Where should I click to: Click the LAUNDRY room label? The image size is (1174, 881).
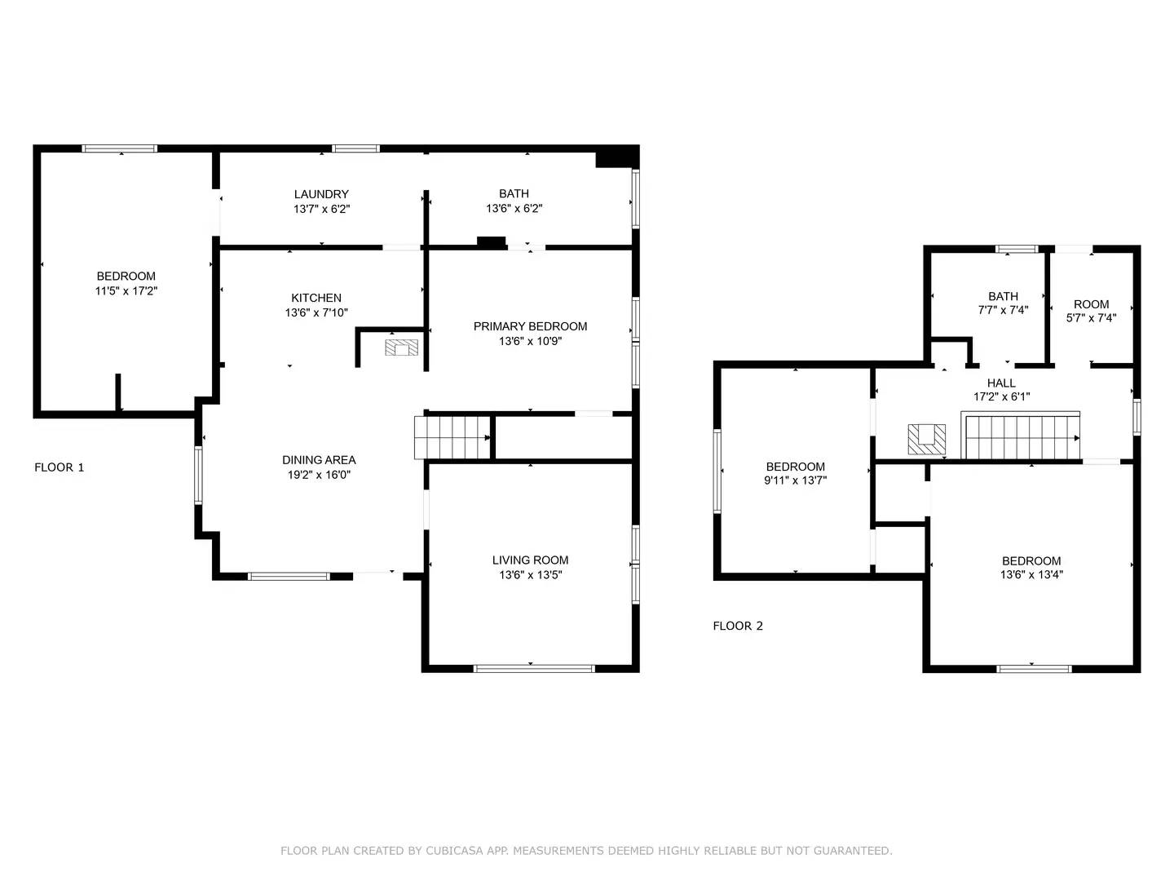321,194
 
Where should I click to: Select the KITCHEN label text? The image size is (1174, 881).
316,298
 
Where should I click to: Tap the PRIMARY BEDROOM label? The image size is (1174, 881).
530,326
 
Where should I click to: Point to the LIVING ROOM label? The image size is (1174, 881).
530,560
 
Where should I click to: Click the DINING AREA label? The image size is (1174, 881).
319,460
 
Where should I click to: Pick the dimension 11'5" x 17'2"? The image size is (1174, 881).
126,291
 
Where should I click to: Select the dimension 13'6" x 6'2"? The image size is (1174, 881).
514,209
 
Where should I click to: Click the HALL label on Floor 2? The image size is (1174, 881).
1001,383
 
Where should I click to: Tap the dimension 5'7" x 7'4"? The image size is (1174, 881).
1091,319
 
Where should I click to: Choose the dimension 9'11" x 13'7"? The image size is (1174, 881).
795,481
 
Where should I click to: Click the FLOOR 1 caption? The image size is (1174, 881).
59,467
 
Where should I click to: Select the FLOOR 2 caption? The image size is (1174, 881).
738,626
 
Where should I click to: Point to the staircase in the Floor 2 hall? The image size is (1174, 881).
1022,437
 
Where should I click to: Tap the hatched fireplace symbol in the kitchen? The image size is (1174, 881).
401,348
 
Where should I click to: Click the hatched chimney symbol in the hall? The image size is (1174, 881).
927,438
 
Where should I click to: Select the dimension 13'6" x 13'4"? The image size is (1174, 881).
1031,575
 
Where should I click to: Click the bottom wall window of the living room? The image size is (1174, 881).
534,669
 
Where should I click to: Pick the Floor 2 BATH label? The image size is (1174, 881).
1003,296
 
